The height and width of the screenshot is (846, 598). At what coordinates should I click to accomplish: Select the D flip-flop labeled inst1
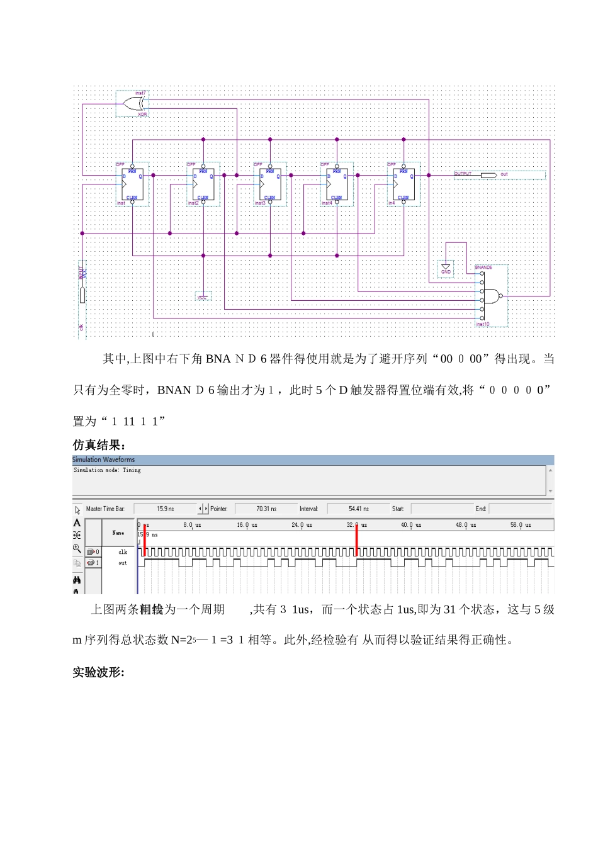point(133,184)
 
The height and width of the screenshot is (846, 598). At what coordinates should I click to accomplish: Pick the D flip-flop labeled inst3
point(270,184)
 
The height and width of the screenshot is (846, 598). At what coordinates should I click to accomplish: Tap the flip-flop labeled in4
point(403,184)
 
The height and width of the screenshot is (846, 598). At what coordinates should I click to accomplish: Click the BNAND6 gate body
point(492,295)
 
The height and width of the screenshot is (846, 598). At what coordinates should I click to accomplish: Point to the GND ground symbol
point(446,269)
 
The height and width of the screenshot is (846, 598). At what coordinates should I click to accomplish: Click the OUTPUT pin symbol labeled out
point(488,174)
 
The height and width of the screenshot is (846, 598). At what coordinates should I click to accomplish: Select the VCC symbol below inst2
point(203,296)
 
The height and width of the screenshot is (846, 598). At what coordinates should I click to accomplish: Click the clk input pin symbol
point(82,295)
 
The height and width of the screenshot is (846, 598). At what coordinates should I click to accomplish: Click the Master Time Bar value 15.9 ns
point(166,509)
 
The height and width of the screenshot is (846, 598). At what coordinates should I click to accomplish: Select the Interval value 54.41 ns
point(359,509)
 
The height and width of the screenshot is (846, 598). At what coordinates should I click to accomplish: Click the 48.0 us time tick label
point(466,525)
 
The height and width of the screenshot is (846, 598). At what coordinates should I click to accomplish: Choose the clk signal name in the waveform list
point(123,552)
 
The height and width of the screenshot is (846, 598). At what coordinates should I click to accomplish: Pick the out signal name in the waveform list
point(123,563)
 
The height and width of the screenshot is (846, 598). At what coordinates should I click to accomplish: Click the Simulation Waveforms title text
point(104,460)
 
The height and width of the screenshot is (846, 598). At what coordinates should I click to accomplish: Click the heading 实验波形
point(98,672)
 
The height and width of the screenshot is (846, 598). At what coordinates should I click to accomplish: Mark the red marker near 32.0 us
point(356,540)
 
